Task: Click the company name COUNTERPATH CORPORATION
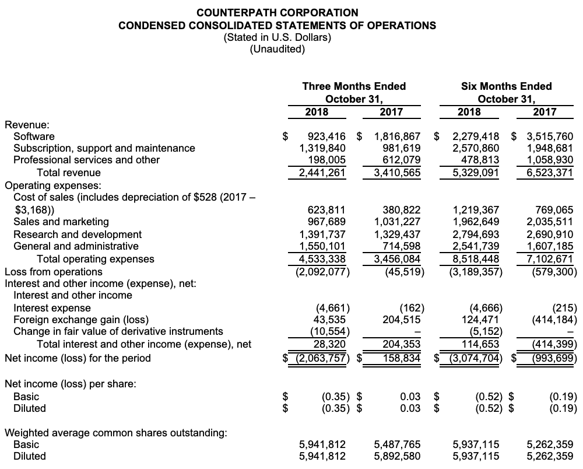coord(277,12)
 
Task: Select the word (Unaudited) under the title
coord(277,50)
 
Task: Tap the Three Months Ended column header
coord(354,86)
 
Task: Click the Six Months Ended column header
coord(506,86)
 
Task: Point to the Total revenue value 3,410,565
coord(396,173)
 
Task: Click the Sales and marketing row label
coord(61,222)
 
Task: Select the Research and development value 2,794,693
coord(476,234)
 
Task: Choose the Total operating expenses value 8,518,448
coord(476,258)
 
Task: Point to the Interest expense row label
coord(52,308)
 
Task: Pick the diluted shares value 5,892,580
coord(396,456)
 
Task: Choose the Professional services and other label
coord(86,160)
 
